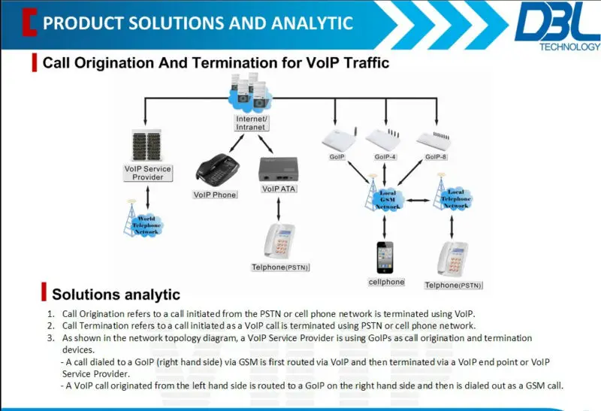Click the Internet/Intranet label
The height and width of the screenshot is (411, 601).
coord(251,123)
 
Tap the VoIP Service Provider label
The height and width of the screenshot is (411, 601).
coord(147,173)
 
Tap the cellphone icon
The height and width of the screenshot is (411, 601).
coord(385,257)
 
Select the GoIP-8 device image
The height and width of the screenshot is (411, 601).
coord(436,139)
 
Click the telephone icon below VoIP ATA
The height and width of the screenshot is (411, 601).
coord(279,241)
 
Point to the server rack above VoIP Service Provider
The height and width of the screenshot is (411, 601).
coord(147,145)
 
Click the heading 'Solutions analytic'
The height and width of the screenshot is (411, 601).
coord(116,295)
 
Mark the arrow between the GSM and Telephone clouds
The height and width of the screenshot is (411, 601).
coord(421,201)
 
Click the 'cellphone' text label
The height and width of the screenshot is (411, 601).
coord(386,283)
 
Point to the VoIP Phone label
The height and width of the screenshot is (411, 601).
coord(214,195)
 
